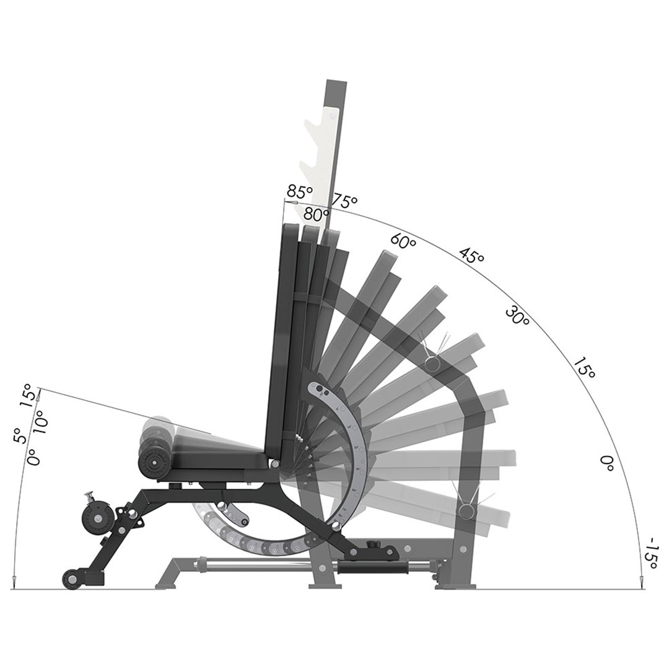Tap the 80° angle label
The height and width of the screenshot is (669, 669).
(316, 213)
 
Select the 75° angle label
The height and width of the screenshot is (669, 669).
(345, 200)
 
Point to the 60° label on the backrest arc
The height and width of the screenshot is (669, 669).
(403, 242)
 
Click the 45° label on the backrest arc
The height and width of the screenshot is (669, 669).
(471, 256)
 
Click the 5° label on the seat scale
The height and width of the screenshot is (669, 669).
(20, 436)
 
